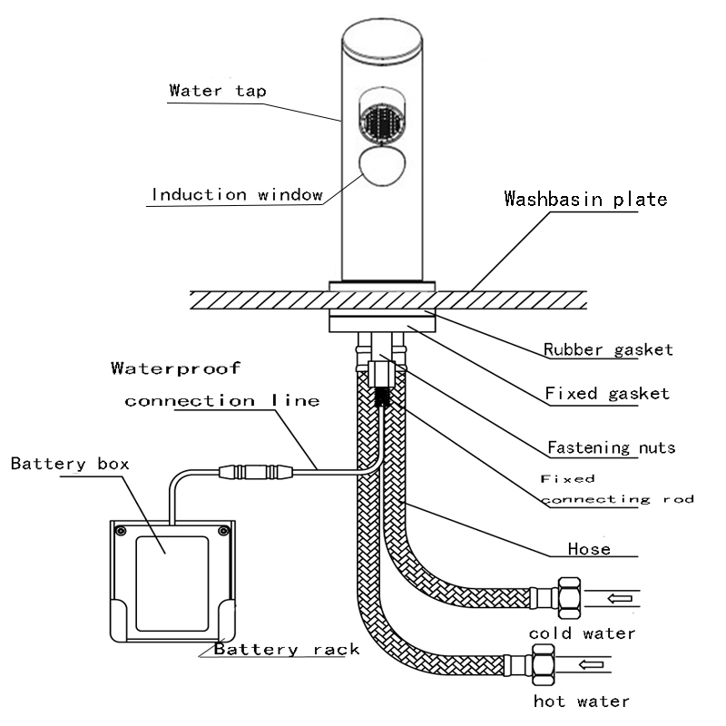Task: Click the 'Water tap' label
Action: click(x=218, y=91)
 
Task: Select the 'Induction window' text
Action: click(x=237, y=194)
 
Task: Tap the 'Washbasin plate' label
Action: click(x=585, y=199)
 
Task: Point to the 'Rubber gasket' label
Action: click(x=608, y=349)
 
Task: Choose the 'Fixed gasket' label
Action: click(x=607, y=394)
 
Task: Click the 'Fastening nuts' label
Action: click(x=611, y=447)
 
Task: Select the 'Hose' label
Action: click(x=589, y=548)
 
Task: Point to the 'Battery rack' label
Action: click(x=287, y=649)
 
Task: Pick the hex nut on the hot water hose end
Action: click(x=543, y=665)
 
